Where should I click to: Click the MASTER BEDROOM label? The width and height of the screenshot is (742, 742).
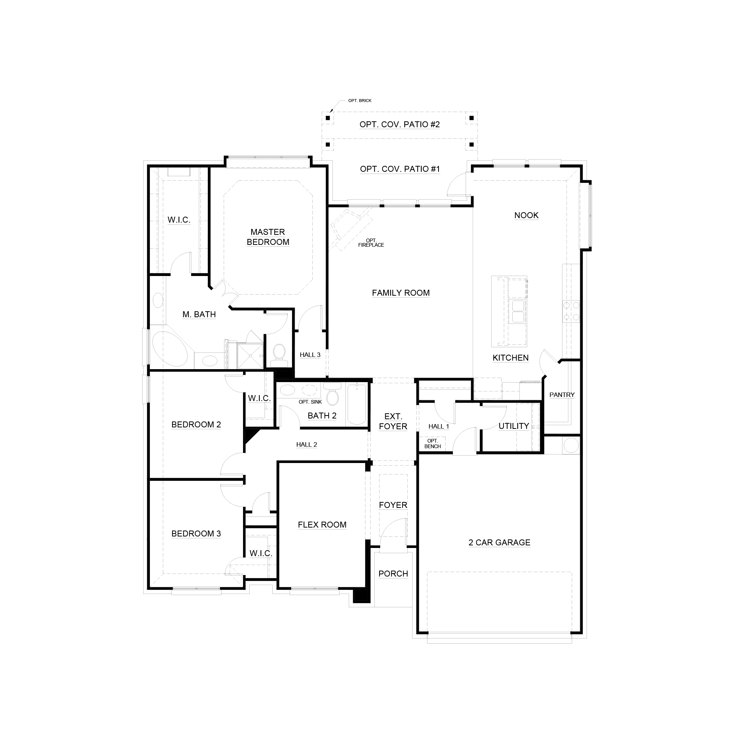point(268,237)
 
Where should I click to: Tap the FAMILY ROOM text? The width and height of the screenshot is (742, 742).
point(401,293)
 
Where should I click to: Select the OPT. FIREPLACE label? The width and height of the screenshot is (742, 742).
point(371,243)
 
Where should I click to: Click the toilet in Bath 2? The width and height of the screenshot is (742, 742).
point(332,395)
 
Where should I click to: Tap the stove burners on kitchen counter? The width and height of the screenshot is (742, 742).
point(571,312)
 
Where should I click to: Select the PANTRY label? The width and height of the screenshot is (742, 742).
point(561,395)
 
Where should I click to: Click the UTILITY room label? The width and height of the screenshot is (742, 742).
point(513,426)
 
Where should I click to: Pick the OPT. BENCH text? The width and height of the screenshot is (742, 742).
point(433,444)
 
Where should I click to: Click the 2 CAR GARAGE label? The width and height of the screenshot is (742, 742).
point(499,542)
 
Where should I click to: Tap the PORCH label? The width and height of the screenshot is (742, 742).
point(393,574)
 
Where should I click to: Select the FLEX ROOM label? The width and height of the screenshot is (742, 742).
point(322,525)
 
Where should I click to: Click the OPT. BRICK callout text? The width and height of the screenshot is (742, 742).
point(359,101)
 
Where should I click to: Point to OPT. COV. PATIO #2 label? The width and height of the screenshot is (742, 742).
point(400,124)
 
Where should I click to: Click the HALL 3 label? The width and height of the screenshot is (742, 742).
point(310,355)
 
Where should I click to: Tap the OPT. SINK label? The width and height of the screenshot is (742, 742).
point(310,402)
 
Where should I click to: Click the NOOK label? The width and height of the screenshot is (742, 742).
point(526,215)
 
